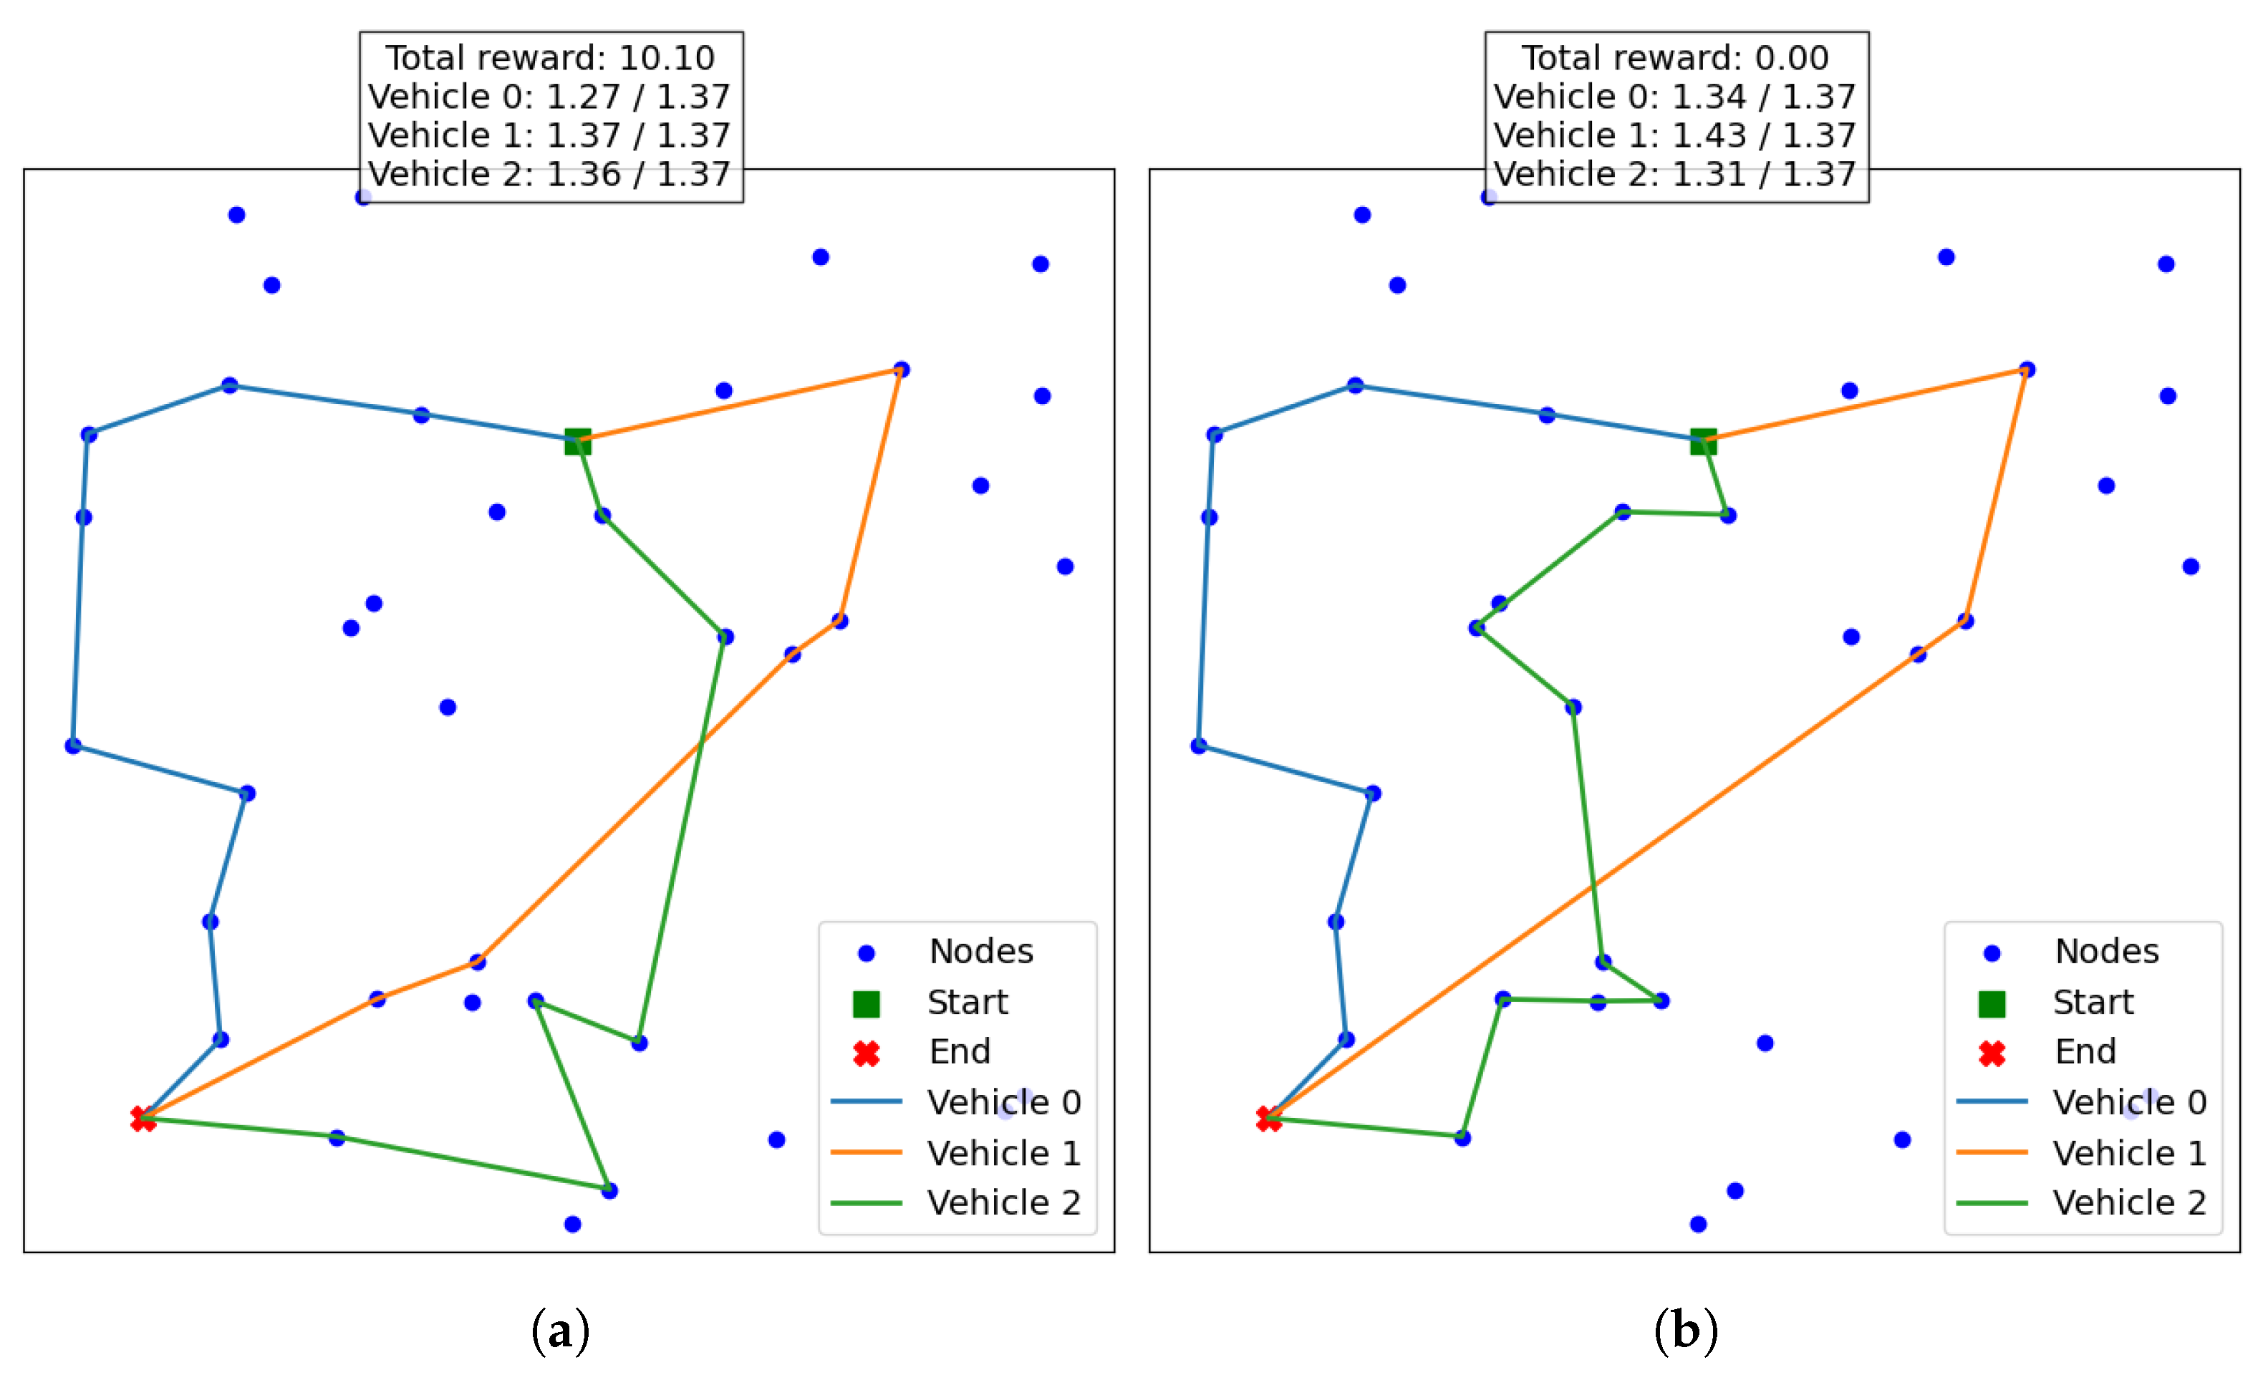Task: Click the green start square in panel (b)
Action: point(1704,442)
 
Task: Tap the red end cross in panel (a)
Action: point(143,1119)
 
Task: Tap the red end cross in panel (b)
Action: point(1268,1119)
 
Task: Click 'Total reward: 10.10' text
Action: point(550,58)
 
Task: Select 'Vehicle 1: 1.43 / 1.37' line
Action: point(1675,135)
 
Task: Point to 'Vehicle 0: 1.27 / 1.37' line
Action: point(550,97)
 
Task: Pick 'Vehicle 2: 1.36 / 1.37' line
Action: point(550,173)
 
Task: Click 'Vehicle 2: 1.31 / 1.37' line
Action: point(1675,173)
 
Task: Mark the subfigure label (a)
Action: point(560,1330)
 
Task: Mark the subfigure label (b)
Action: point(1685,1330)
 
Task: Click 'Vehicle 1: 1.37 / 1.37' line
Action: point(550,135)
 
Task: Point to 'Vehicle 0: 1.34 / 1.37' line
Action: point(1675,97)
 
